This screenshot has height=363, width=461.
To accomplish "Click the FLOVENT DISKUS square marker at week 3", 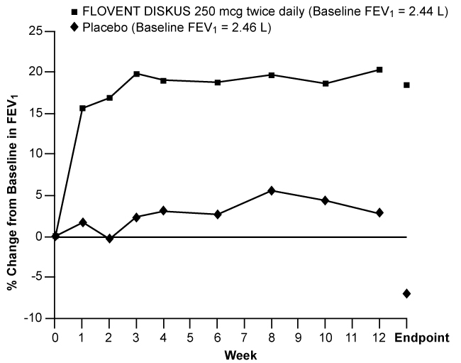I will click(x=136, y=74).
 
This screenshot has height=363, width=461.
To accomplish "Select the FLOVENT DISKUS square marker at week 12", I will click(x=379, y=70).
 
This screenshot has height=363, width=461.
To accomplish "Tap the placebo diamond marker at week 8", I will click(x=272, y=191).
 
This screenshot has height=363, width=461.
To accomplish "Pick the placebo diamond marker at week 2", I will click(x=109, y=239).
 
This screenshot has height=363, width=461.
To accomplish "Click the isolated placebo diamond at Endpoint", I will click(x=406, y=293).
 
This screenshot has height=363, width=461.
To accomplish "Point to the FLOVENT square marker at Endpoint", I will click(x=406, y=85).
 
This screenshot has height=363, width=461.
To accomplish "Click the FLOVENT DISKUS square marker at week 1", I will click(x=82, y=108).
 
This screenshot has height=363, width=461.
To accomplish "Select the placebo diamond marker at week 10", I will click(x=326, y=201).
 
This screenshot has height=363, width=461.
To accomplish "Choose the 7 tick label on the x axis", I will click(x=245, y=337).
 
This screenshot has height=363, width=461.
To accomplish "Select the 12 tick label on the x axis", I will click(x=379, y=337).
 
